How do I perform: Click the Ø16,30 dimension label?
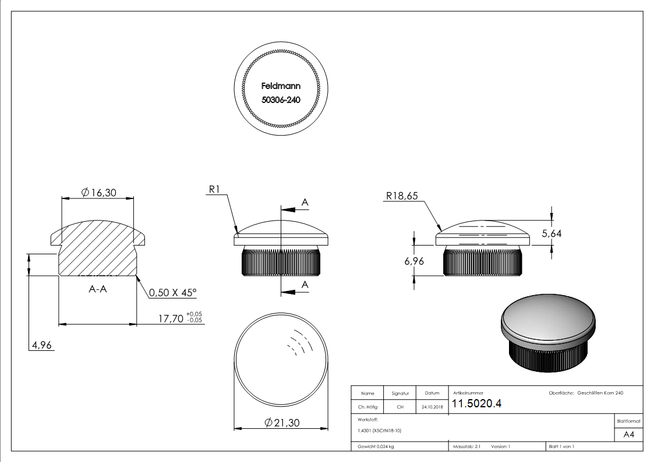(98, 193)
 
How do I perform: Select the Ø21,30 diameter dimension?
(281, 423)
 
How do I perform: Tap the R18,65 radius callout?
(402, 197)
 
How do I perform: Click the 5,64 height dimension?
(551, 233)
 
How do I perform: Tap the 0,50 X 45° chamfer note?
(173, 293)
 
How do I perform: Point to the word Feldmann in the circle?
(281, 86)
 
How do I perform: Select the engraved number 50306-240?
(281, 99)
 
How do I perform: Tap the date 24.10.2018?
(432, 407)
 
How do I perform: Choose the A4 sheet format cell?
(628, 435)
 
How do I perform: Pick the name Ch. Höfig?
(367, 407)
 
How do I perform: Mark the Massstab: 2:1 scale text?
(466, 446)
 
